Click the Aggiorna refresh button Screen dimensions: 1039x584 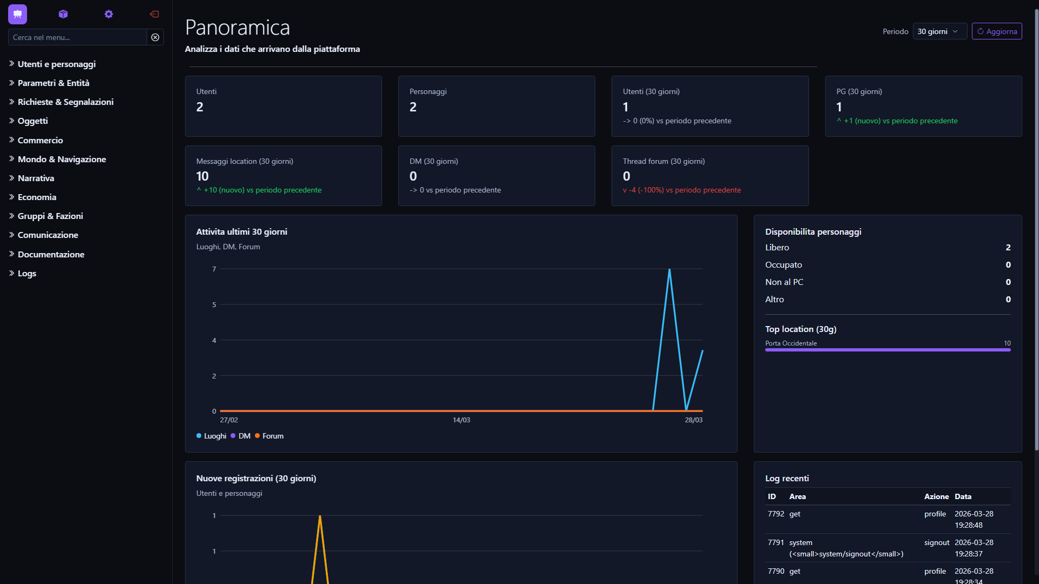tap(996, 31)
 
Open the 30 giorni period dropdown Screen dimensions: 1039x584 tap(939, 31)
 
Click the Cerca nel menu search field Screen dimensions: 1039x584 tap(77, 37)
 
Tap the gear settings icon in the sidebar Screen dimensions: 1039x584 tap(109, 14)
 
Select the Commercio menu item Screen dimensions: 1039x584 tap(40, 140)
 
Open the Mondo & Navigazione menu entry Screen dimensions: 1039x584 tap(62, 159)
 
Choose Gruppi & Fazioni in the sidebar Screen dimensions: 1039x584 tap(50, 216)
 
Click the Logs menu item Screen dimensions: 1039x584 tap(27, 273)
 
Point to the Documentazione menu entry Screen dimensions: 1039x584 tap(51, 254)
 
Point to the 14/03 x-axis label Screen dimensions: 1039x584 tap(462, 420)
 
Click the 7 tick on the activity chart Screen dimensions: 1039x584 tap(214, 269)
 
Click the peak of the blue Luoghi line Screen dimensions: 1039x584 tap(669, 269)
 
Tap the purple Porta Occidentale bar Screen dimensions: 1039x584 tap(887, 350)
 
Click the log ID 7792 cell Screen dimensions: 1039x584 tap(775, 514)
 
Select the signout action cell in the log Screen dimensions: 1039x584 tap(937, 542)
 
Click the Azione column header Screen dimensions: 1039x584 tap(936, 496)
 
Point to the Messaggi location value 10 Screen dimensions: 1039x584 tap(202, 176)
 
